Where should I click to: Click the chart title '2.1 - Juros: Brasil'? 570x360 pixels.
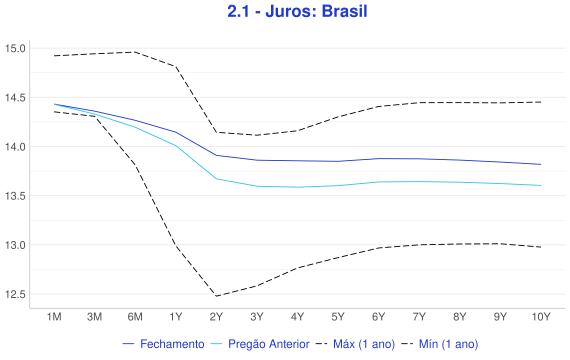[x=297, y=11]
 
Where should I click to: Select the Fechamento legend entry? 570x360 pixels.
[x=164, y=344]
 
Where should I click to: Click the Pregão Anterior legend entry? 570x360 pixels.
[x=260, y=344]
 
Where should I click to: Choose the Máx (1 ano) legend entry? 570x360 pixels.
[x=355, y=344]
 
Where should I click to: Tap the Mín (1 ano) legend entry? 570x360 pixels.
[x=440, y=344]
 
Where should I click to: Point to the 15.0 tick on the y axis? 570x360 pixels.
[x=15, y=48]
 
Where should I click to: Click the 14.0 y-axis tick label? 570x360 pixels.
[x=15, y=147]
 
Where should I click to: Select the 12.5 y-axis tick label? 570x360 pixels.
[x=15, y=294]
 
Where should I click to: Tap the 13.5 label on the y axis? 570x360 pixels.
[x=15, y=196]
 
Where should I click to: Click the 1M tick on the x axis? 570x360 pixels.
[x=54, y=317]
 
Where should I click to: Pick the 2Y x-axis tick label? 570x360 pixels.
[x=216, y=317]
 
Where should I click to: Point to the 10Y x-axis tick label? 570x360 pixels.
[x=541, y=317]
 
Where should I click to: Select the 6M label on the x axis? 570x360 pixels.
[x=135, y=317]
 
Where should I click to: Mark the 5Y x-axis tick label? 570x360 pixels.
[x=338, y=317]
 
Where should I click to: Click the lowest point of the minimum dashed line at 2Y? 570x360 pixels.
[x=216, y=296]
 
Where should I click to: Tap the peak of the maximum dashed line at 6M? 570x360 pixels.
[x=135, y=52]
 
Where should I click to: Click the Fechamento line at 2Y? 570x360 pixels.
[x=216, y=155]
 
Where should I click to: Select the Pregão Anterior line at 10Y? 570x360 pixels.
[x=541, y=185]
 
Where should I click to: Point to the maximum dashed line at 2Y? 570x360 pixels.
[x=216, y=132]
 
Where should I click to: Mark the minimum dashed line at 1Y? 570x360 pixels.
[x=176, y=246]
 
